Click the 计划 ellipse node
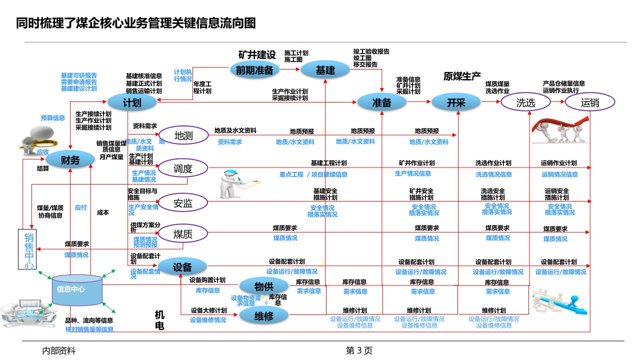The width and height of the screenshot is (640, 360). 132,102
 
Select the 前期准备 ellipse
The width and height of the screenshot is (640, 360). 255,70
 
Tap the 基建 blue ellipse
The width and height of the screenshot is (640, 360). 325,70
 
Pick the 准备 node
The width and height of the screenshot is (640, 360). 381,102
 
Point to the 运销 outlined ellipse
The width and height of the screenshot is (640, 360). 590,102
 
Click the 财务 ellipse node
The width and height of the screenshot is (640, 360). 70,160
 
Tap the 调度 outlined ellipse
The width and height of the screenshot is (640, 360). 183,168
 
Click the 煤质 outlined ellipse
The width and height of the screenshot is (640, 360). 183,233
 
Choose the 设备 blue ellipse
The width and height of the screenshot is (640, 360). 183,266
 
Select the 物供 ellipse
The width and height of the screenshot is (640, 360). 263,286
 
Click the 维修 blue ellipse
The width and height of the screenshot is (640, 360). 263,315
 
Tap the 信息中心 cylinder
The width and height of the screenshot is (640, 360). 77,290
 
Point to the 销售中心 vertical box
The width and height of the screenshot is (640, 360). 28,250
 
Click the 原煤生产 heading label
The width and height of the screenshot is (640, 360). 462,76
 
